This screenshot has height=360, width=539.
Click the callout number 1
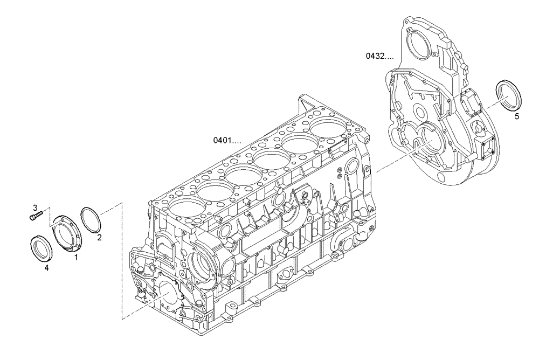pyautogui.click(x=76, y=258)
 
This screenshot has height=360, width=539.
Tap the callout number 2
pyautogui.click(x=100, y=236)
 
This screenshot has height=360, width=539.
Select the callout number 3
pyautogui.click(x=34, y=207)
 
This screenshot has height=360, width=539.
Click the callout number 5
pyautogui.click(x=517, y=115)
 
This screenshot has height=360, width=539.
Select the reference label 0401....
pyautogui.click(x=227, y=140)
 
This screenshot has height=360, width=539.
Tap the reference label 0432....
pyautogui.click(x=380, y=56)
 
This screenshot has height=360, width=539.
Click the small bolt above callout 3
pyautogui.click(x=36, y=217)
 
